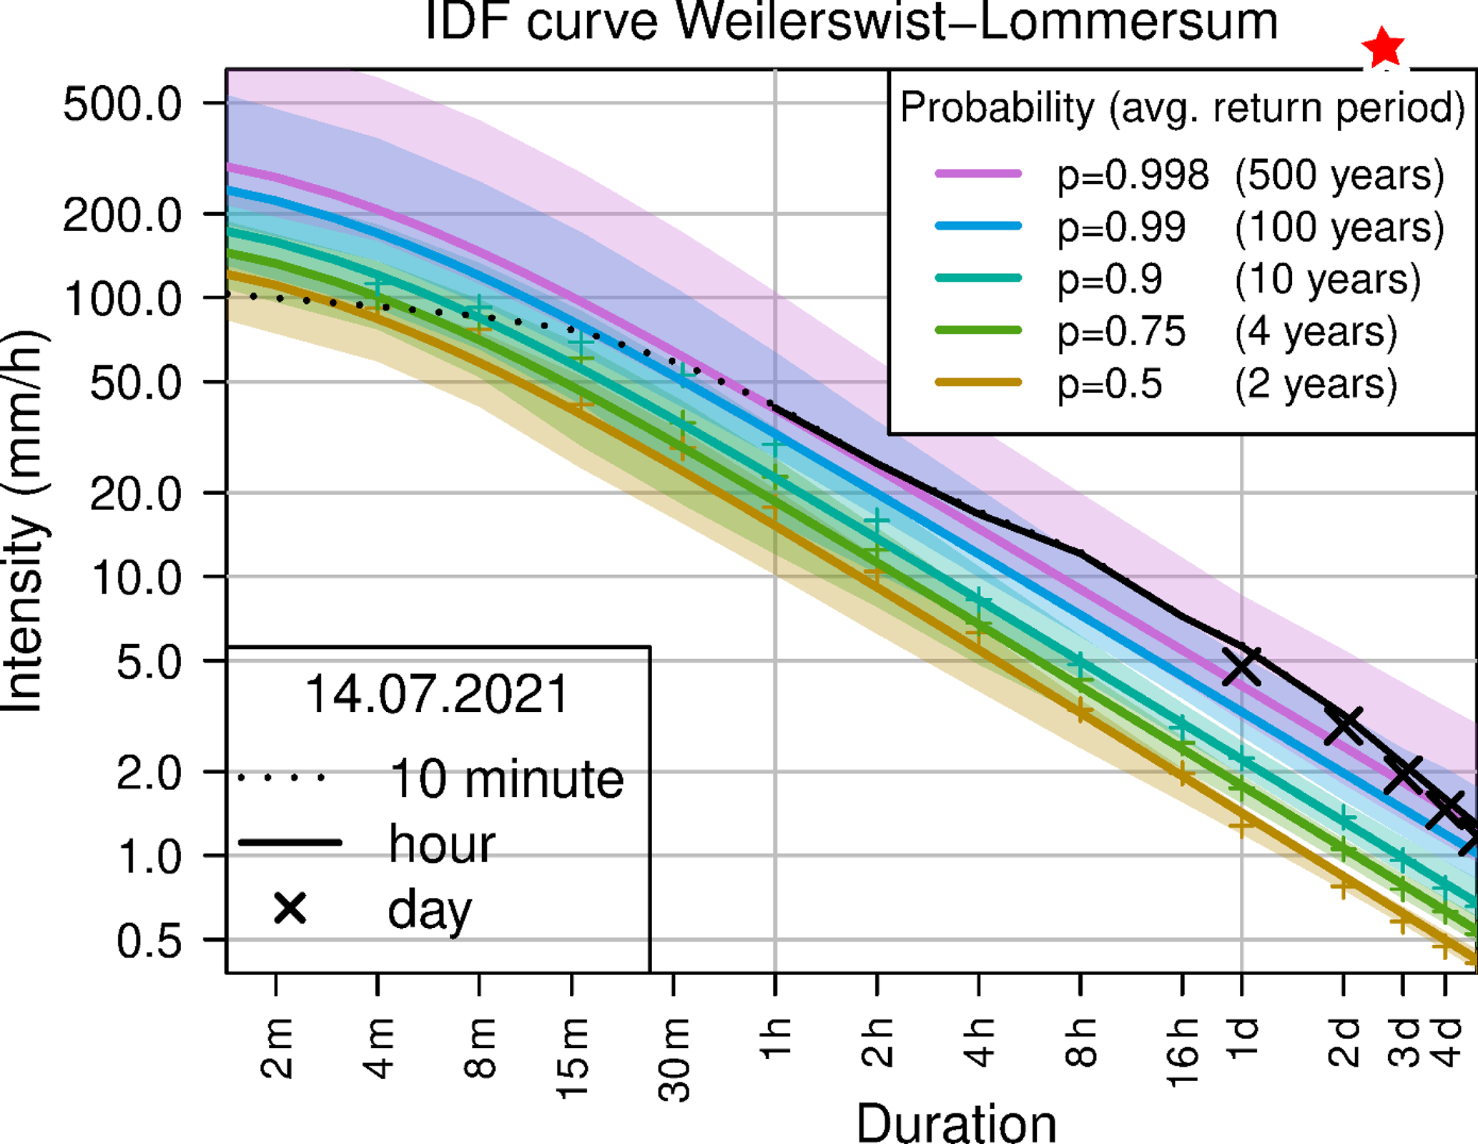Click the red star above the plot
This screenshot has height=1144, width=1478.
pyautogui.click(x=1384, y=47)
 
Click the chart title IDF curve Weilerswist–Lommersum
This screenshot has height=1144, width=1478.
pyautogui.click(x=851, y=21)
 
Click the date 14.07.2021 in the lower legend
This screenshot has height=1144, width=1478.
pyautogui.click(x=436, y=694)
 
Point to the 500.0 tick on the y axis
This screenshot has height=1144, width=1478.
pyautogui.click(x=122, y=104)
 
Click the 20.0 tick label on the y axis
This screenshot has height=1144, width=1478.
pyautogui.click(x=136, y=494)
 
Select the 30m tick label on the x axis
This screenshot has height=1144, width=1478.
pyautogui.click(x=674, y=1059)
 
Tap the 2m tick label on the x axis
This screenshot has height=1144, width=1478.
pyautogui.click(x=277, y=1047)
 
